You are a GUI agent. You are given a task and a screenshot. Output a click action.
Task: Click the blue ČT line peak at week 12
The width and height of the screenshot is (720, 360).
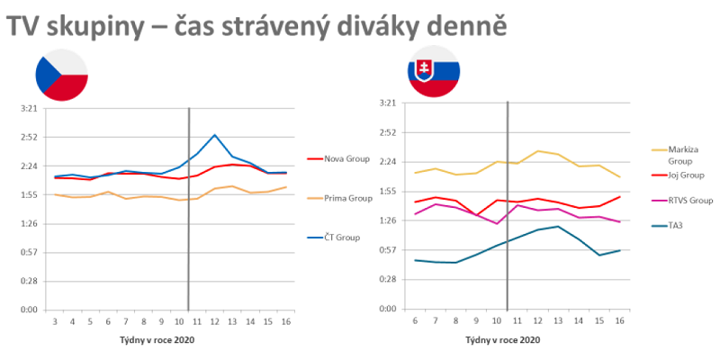pyautogui.click(x=214, y=135)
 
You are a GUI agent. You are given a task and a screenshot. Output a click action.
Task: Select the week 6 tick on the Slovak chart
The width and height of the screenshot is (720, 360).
pyautogui.click(x=414, y=320)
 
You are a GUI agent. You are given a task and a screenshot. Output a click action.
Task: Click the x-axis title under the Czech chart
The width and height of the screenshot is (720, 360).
pyautogui.click(x=157, y=340)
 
